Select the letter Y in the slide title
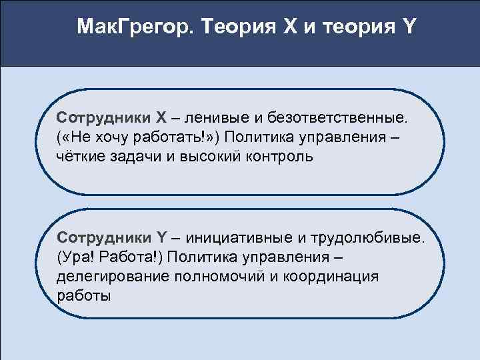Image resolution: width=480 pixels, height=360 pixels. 407,27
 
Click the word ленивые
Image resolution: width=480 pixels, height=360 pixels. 219,118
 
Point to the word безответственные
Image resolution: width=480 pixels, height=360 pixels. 337,118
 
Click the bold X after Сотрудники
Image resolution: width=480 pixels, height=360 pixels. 161,118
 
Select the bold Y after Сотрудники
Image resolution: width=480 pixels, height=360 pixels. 161,237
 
